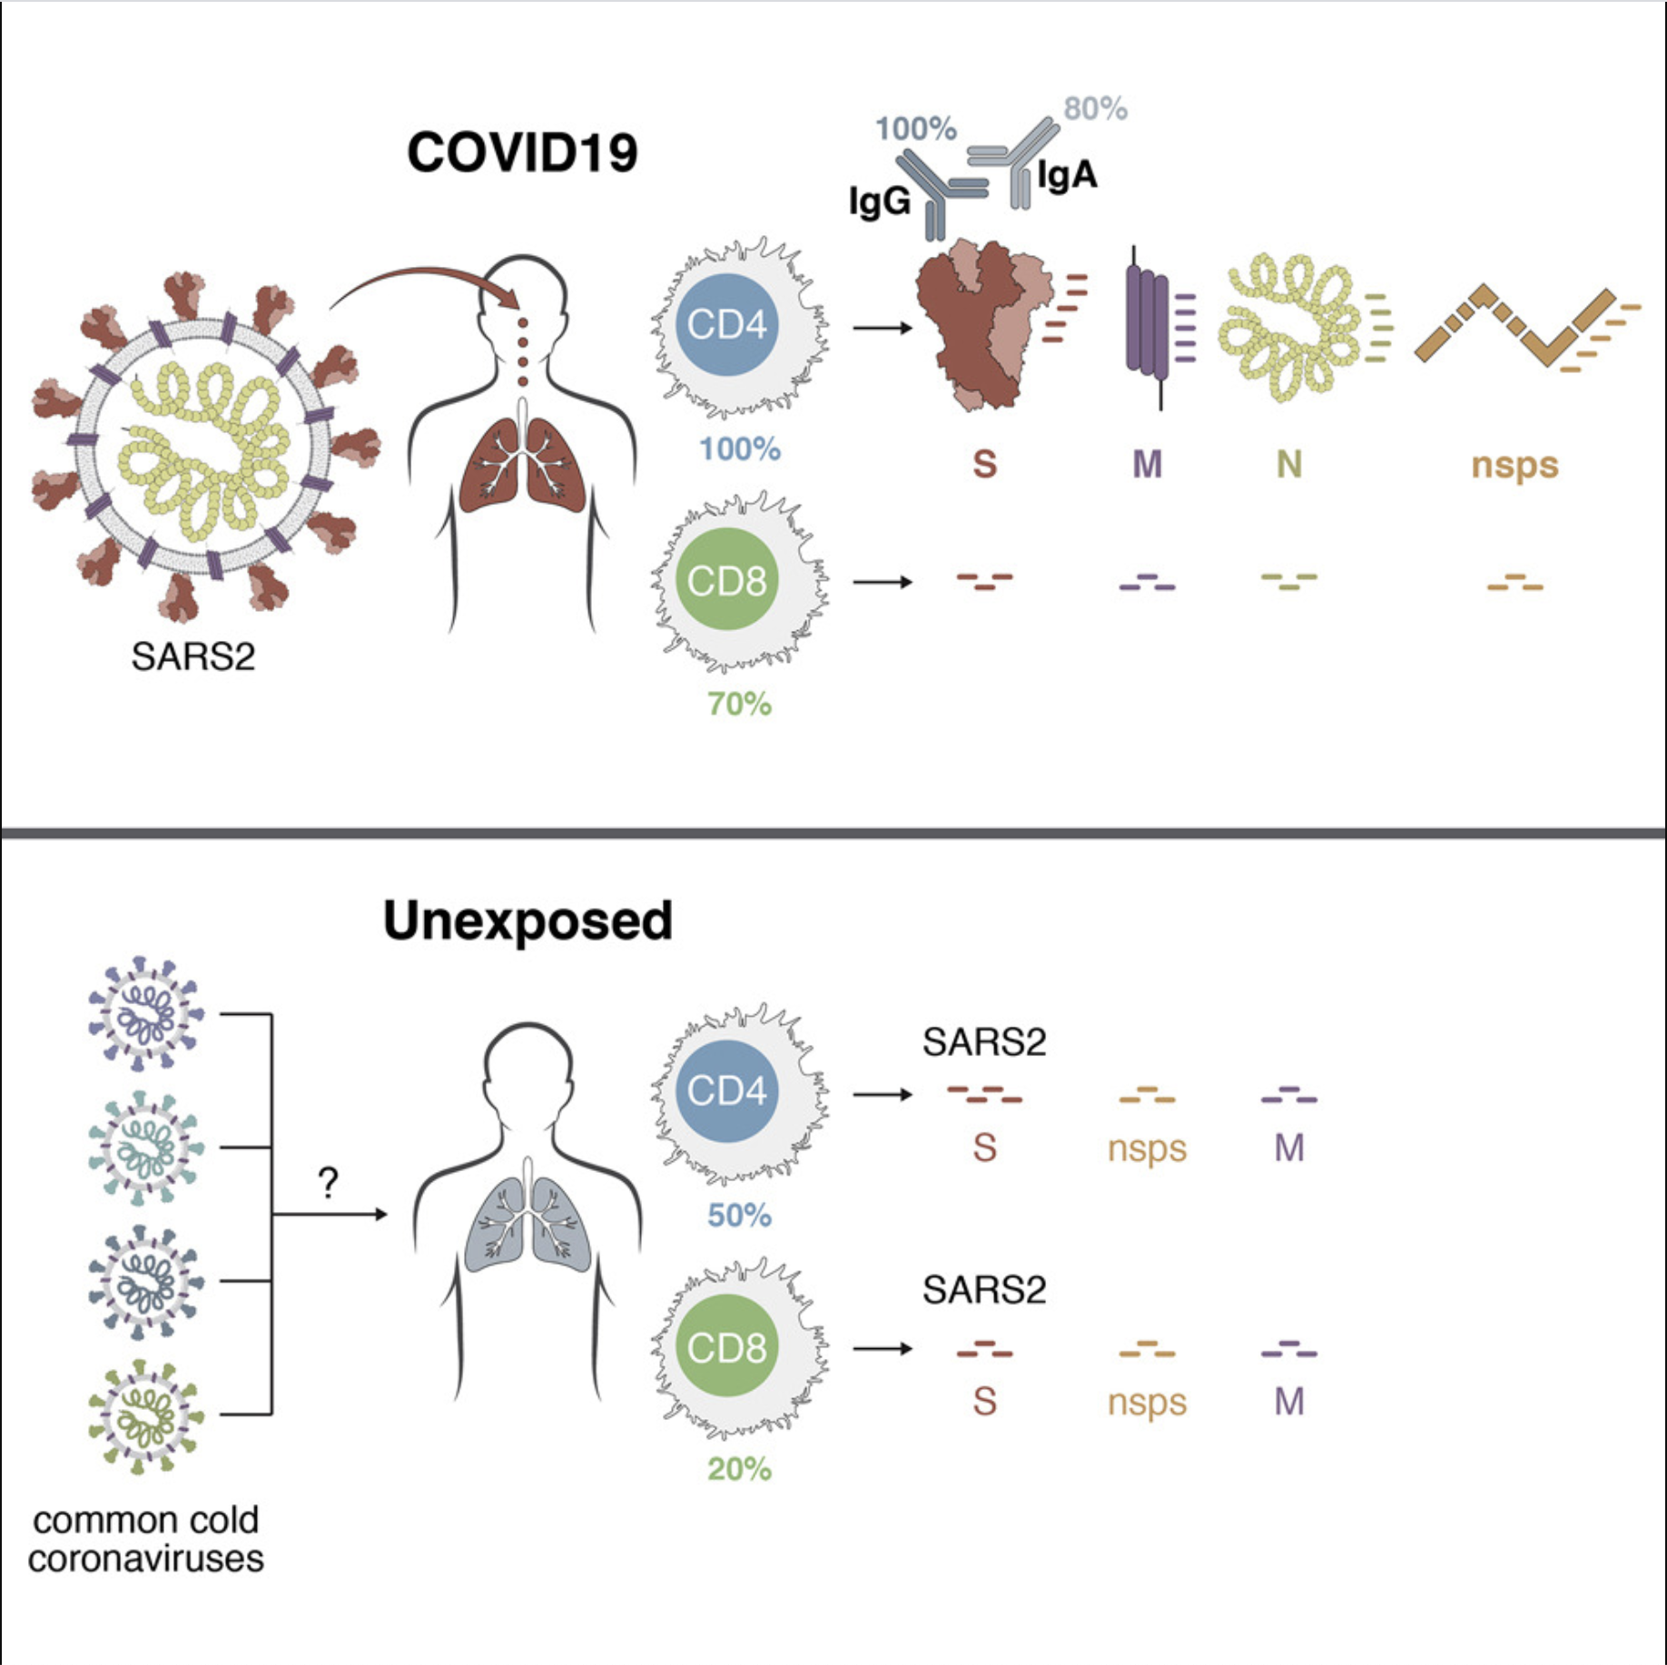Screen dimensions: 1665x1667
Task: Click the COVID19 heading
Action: [522, 152]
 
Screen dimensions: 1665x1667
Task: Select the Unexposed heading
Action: [528, 921]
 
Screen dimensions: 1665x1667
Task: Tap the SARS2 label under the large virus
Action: [192, 655]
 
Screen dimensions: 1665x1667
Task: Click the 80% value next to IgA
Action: [1095, 108]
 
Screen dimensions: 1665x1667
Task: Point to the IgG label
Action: [879, 201]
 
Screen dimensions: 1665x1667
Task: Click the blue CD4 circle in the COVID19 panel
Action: [726, 324]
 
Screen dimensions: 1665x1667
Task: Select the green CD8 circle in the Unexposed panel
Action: [726, 1346]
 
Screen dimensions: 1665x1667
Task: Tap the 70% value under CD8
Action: [739, 704]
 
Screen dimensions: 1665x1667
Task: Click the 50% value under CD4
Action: [739, 1215]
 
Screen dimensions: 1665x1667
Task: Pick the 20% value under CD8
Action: [739, 1469]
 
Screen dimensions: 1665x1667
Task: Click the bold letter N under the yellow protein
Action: [1288, 465]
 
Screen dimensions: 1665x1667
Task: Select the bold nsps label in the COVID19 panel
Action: [1514, 465]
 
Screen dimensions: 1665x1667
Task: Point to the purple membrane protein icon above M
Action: [1147, 322]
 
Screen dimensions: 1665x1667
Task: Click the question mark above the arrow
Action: [328, 1182]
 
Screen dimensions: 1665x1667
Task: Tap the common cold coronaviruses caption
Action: [145, 1539]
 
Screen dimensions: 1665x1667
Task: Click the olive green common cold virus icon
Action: [145, 1414]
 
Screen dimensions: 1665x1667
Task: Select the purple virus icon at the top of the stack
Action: [145, 1013]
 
